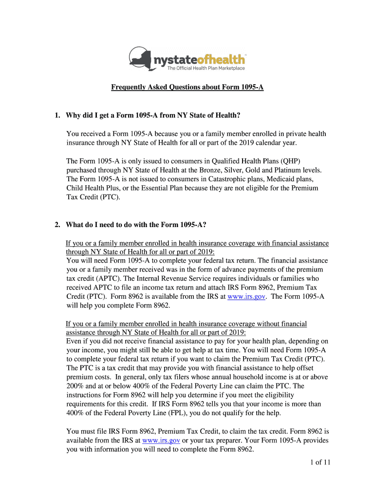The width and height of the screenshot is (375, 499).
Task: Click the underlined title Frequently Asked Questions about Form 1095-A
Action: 187,88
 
